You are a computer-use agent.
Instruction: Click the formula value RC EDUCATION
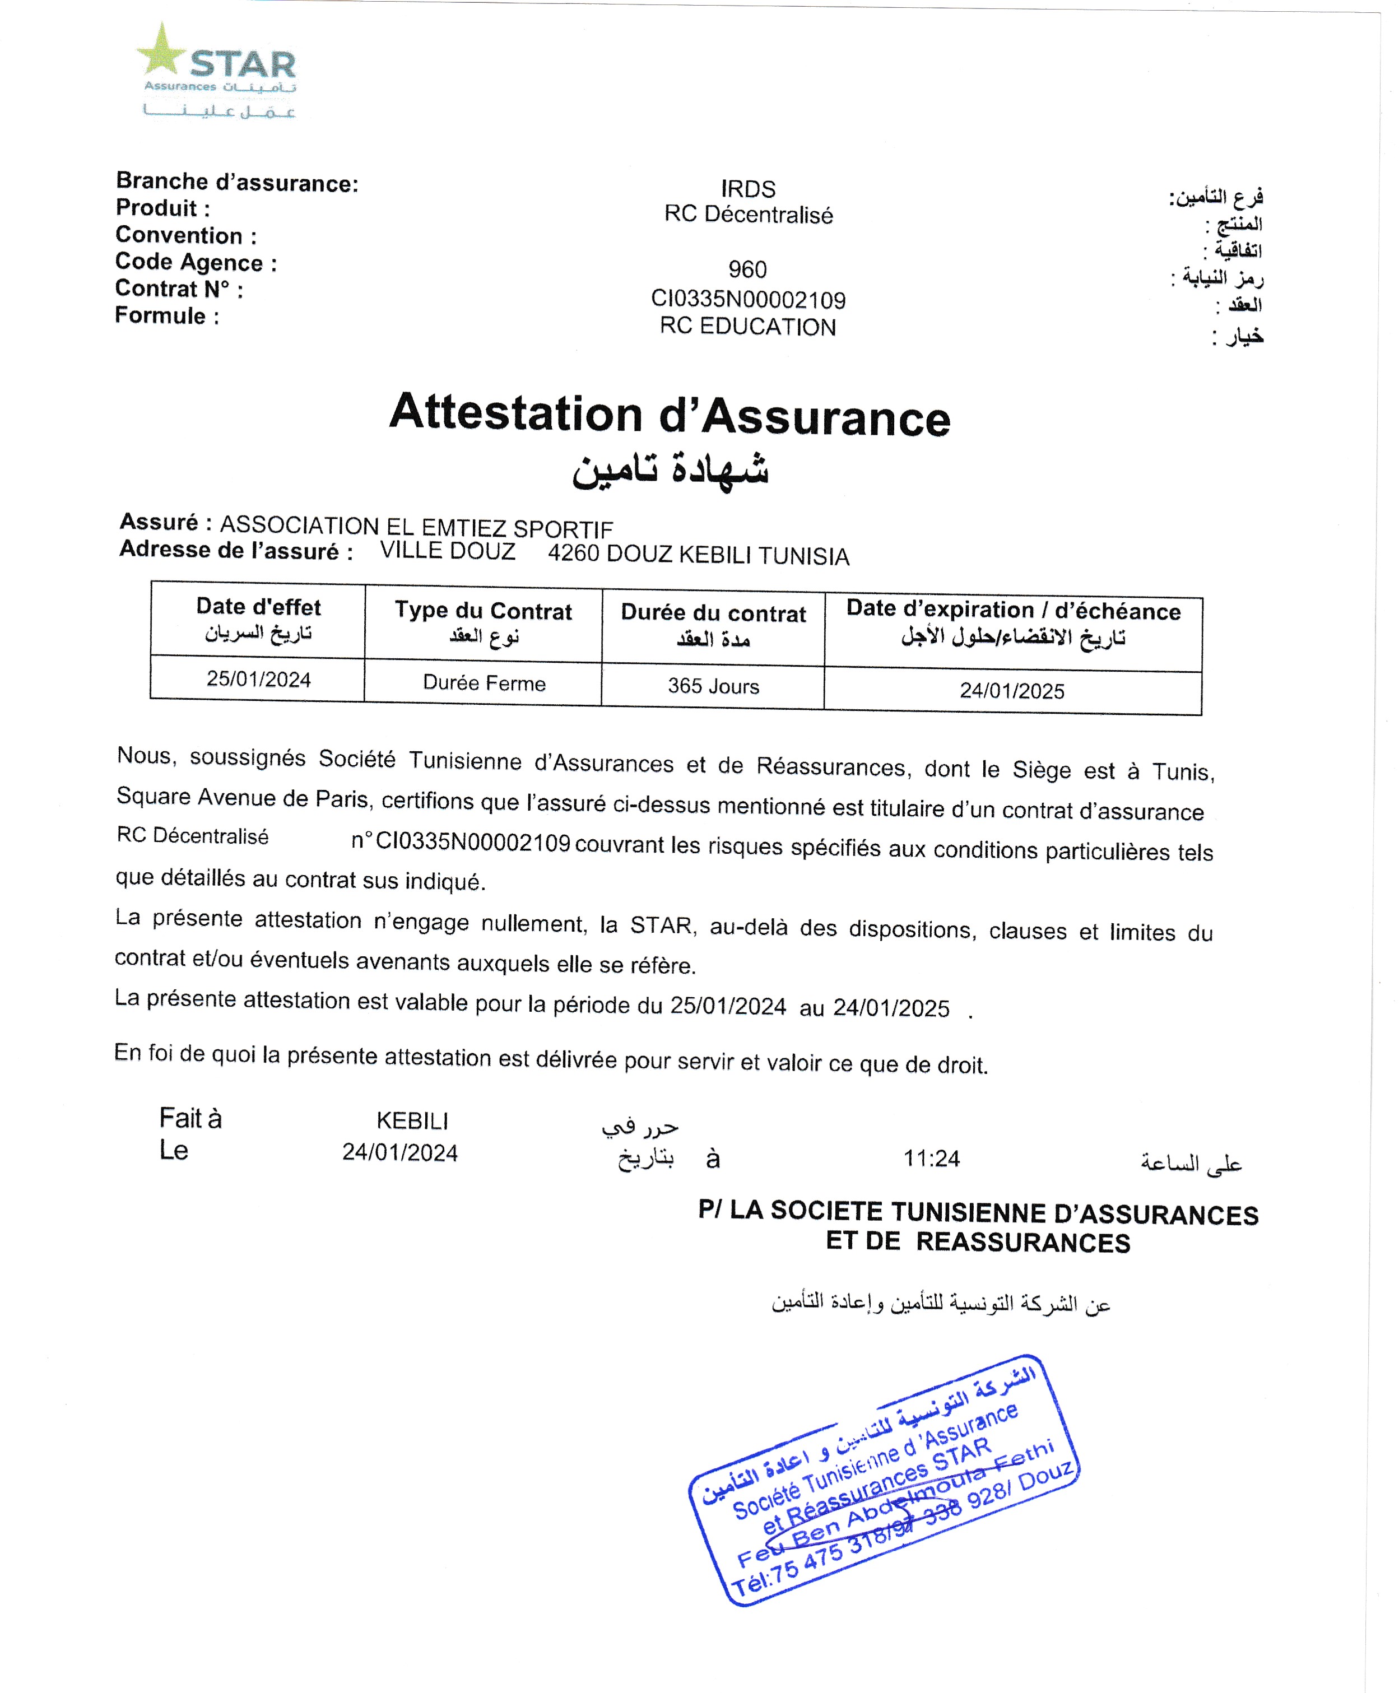coord(747,327)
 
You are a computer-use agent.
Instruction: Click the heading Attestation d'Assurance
coord(670,415)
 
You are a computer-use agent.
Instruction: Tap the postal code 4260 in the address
coord(573,554)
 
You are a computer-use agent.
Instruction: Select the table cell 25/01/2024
coord(258,680)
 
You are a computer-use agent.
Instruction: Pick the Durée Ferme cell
coord(484,683)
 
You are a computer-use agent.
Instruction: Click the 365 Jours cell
coord(713,686)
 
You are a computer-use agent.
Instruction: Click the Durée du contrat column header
coord(713,614)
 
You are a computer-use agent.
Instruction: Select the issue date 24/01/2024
coord(399,1153)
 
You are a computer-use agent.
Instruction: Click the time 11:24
coord(932,1159)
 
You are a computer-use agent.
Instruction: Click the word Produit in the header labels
coord(156,208)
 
